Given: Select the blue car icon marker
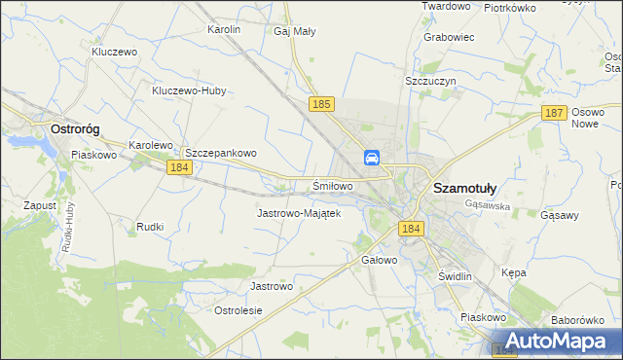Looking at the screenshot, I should tap(372, 158).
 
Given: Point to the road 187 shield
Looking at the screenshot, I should tap(554, 113).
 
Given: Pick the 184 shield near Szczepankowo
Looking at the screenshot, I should tap(178, 167).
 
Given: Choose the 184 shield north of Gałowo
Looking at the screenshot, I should tap(410, 228).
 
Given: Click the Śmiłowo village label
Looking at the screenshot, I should tap(332, 185).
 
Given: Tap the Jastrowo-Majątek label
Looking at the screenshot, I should tap(298, 212).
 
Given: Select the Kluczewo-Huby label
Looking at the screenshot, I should tap(189, 91).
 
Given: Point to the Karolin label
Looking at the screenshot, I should tap(224, 30).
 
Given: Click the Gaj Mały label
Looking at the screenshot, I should tap(294, 31).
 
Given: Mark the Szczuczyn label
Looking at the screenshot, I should tap(430, 83).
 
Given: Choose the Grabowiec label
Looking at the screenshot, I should tap(448, 38).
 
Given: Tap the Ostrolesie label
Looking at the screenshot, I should tap(238, 310).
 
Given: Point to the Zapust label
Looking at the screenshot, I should tap(39, 205).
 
